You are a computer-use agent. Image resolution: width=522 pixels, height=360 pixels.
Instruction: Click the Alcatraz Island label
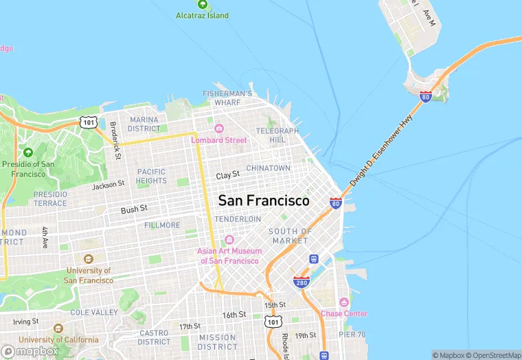[x=202, y=15]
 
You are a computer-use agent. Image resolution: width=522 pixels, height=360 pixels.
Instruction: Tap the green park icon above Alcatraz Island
[x=202, y=3]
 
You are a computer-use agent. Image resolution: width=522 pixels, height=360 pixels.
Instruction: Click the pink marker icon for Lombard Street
[x=219, y=128]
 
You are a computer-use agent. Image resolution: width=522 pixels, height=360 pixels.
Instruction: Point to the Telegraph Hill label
[x=277, y=135]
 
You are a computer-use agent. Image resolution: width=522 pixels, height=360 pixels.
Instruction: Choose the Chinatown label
[x=269, y=168]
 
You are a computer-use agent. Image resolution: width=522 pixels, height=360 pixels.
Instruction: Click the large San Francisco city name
[x=264, y=201]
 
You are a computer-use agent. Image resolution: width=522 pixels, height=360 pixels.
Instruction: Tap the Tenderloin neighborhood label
[x=238, y=219]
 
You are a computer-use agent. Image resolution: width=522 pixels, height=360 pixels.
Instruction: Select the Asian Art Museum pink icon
[x=229, y=240]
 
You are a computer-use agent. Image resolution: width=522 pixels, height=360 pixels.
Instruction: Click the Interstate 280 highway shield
[x=301, y=282]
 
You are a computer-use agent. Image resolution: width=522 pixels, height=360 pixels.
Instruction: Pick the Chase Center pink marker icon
[x=344, y=303]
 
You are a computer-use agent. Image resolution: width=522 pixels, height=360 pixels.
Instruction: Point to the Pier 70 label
[x=352, y=335]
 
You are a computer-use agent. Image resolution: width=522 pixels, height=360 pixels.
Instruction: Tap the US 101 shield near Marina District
[x=88, y=122]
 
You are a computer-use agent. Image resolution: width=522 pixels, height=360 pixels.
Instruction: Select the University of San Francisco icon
[x=88, y=259]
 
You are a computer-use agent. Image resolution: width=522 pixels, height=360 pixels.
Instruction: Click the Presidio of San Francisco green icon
[x=27, y=153]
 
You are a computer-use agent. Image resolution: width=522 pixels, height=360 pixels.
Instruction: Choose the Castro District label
[x=154, y=337]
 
